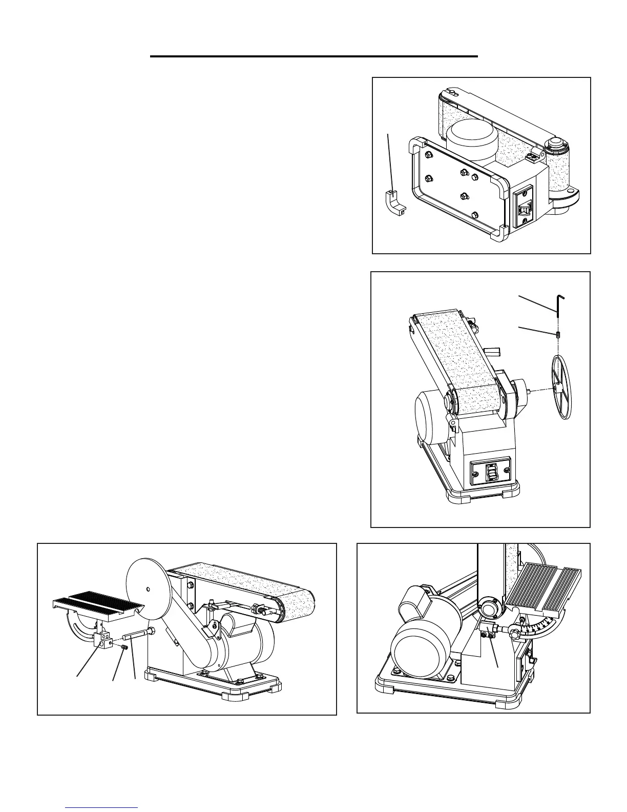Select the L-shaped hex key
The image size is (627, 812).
point(558,303)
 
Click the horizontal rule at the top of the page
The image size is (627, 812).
point(313,56)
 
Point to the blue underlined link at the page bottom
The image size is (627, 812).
point(102,807)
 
